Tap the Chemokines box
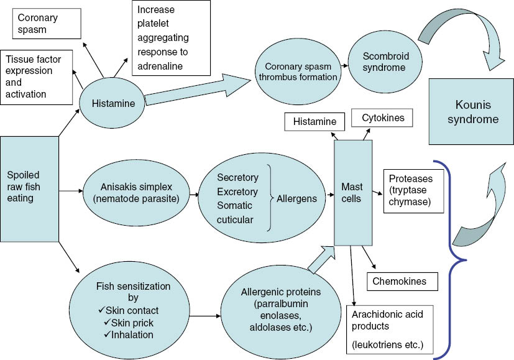(x=403, y=281)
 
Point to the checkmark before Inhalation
(x=106, y=335)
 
